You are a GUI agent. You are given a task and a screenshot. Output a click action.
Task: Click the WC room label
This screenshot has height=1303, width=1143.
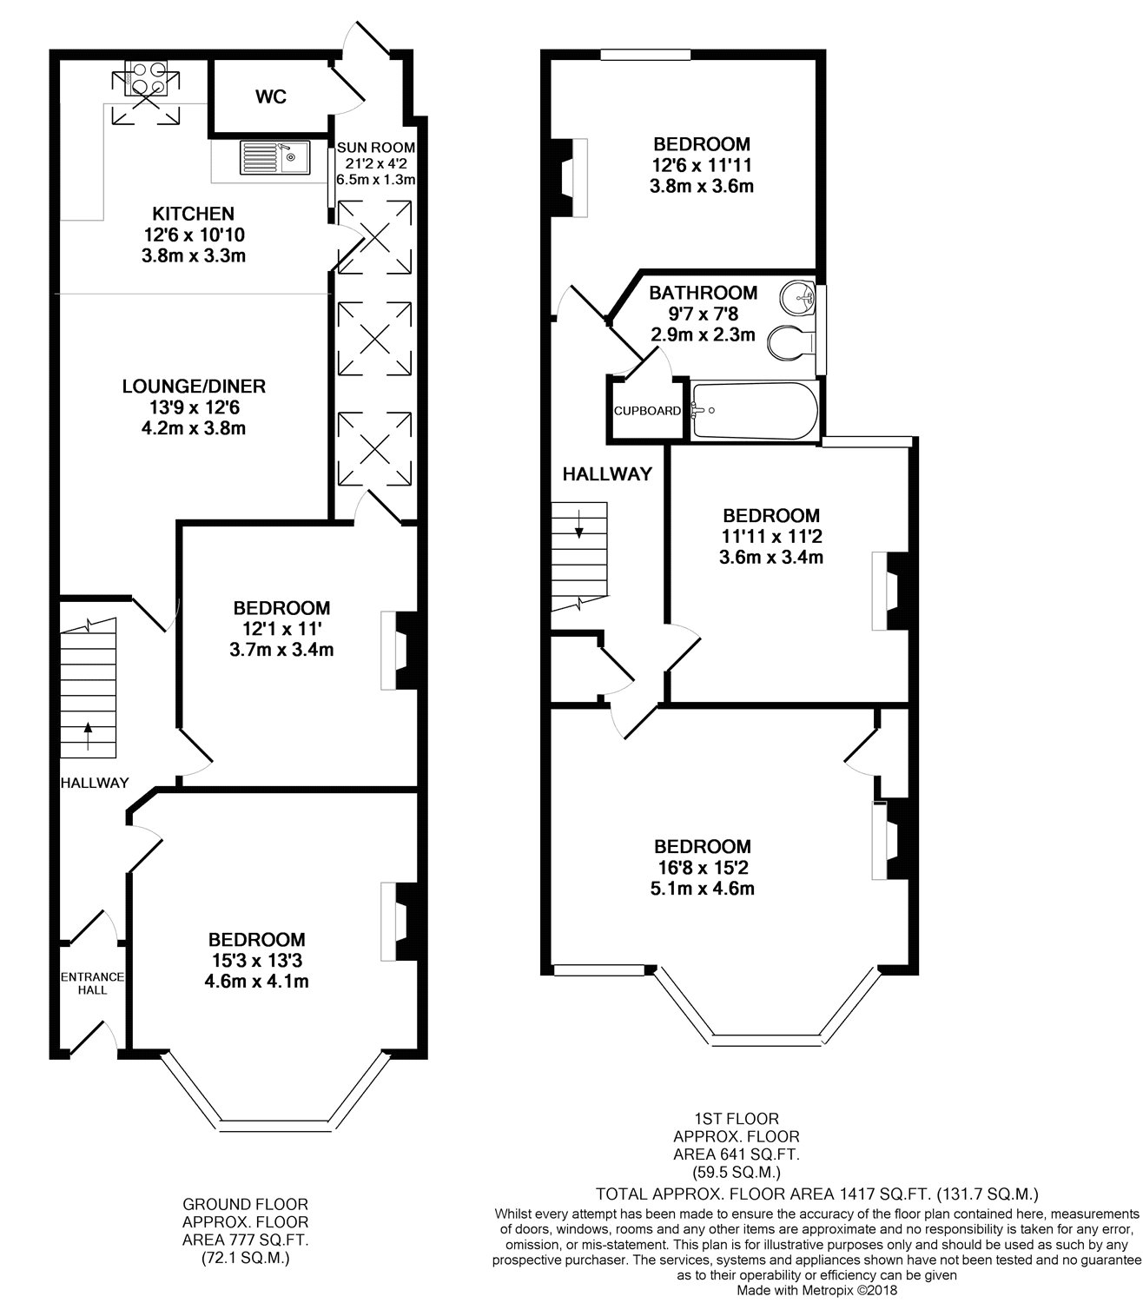click(270, 97)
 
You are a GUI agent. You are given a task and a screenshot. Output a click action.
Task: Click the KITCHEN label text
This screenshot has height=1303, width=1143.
click(193, 214)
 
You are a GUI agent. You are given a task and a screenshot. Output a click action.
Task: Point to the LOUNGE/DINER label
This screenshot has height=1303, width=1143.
click(193, 387)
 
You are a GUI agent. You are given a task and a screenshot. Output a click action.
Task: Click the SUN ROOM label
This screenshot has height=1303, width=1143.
click(375, 148)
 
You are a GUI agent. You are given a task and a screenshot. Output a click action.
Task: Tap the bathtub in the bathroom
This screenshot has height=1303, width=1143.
click(754, 410)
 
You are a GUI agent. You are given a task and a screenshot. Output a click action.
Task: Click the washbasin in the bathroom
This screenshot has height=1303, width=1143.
click(798, 299)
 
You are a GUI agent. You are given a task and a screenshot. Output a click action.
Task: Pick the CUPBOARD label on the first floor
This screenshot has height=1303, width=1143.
click(647, 411)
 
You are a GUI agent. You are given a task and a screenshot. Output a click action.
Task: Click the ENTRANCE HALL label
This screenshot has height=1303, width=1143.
click(92, 983)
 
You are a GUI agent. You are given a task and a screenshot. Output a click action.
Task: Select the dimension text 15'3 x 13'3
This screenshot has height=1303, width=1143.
click(256, 961)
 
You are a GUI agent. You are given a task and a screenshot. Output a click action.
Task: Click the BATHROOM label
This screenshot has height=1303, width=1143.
click(703, 293)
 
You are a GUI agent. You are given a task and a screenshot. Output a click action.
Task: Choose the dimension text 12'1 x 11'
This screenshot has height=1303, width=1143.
click(281, 629)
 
